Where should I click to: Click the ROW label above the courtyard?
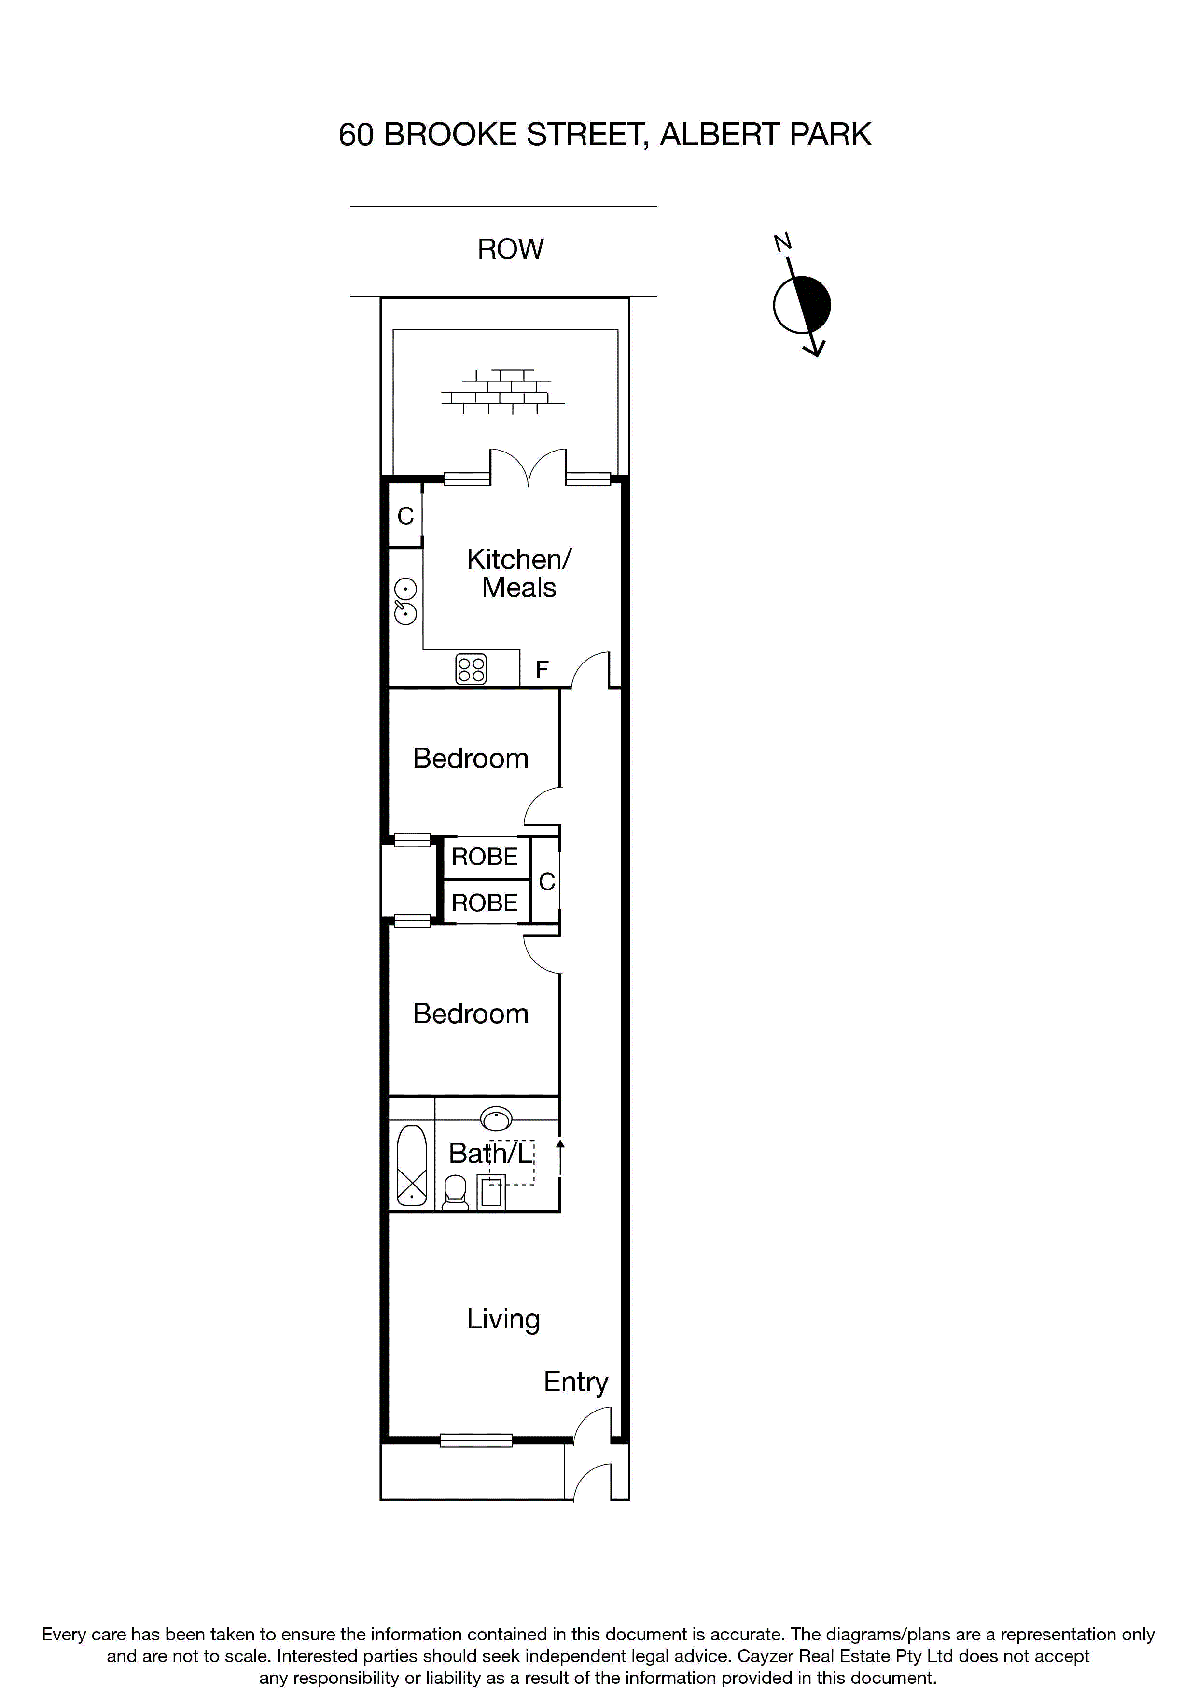coord(510,249)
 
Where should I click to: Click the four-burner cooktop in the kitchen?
coord(471,669)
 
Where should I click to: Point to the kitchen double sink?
coord(405,601)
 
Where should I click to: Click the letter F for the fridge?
coord(542,670)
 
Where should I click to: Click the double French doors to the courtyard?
coord(528,468)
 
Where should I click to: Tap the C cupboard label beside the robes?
coord(546,881)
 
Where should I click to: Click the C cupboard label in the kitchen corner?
coord(405,516)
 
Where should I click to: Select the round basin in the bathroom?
coord(496,1119)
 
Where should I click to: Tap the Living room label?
coord(503,1319)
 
